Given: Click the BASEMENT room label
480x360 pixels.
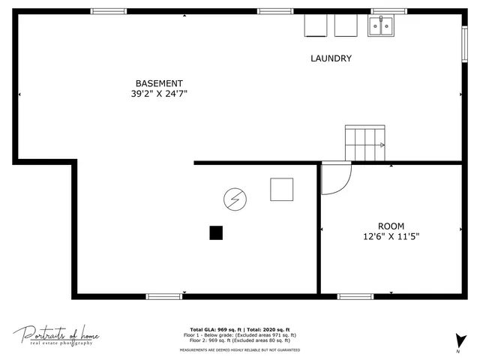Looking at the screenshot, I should click(x=158, y=83).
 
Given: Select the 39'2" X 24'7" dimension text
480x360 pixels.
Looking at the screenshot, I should click(x=158, y=94).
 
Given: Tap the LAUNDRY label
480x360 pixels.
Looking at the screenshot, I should click(x=331, y=58).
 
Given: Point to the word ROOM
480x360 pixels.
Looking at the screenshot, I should click(x=391, y=226).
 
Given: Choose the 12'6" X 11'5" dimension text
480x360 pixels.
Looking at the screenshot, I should click(x=391, y=236).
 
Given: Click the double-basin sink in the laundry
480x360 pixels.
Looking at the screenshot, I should click(x=382, y=26).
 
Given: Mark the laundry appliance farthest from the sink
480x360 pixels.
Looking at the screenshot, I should click(x=315, y=25).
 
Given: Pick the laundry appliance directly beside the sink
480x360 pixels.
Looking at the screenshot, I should click(x=346, y=25).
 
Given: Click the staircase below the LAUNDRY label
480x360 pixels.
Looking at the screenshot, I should click(x=365, y=142).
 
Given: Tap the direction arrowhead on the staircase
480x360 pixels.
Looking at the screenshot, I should click(x=382, y=145).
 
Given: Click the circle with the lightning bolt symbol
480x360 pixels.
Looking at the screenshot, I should click(x=234, y=199).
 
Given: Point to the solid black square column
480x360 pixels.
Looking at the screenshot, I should click(x=216, y=232).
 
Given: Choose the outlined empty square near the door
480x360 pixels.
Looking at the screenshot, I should click(x=282, y=189).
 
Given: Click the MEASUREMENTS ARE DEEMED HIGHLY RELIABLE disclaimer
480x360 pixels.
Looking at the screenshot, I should click(x=240, y=350).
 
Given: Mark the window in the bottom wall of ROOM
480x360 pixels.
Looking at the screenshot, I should click(x=355, y=296).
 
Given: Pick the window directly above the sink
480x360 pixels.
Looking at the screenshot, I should click(x=388, y=11).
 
